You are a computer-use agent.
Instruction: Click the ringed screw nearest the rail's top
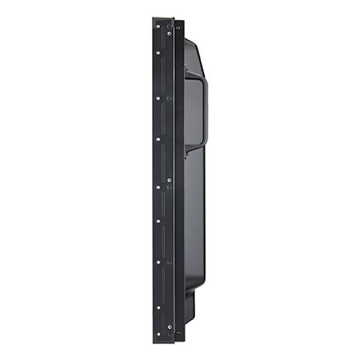169,33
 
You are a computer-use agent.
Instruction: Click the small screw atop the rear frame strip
178,27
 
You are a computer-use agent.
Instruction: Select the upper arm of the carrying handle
195,74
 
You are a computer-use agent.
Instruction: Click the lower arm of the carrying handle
195,146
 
